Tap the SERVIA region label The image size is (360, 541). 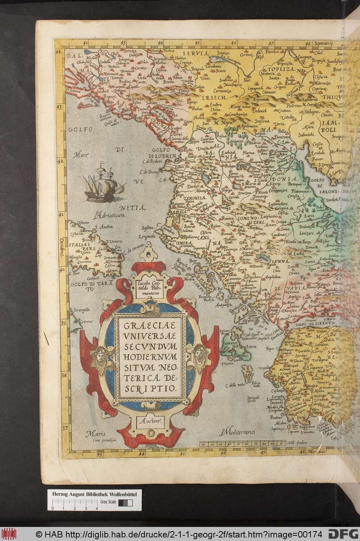(x=200, y=54)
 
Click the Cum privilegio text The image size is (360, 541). (x=97, y=440)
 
